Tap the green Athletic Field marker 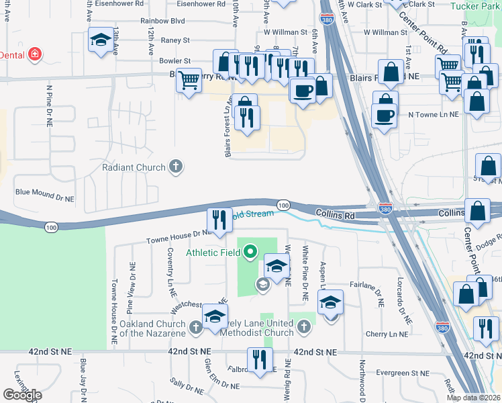[x=250, y=253]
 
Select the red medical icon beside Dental [x=34, y=54]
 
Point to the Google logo [x=22, y=394]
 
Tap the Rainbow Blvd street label [x=162, y=21]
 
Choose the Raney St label [x=175, y=40]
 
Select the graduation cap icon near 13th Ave [x=101, y=40]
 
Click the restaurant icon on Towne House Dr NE [x=219, y=219]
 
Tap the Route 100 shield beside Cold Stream [x=283, y=204]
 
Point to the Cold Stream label [x=252, y=214]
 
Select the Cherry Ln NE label [x=388, y=333]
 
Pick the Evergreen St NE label [x=401, y=373]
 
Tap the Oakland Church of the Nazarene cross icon [x=195, y=327]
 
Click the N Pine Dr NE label [x=49, y=106]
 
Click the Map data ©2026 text [x=474, y=398]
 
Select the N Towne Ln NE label [x=434, y=114]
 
